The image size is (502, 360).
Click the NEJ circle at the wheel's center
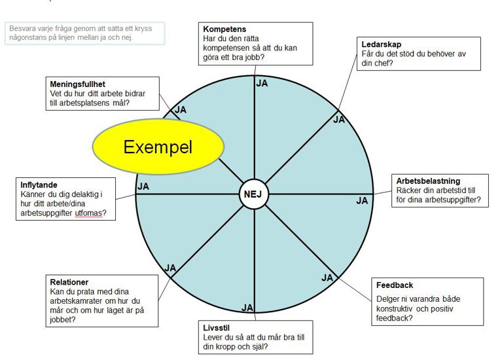point(254,194)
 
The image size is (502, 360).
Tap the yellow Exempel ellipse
point(158,147)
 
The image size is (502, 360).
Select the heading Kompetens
point(224,29)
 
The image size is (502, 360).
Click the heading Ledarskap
point(382,45)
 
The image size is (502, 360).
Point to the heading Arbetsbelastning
point(428,181)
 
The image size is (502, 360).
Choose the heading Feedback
point(395,285)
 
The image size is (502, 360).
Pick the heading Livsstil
point(216,328)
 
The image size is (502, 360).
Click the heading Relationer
point(69,282)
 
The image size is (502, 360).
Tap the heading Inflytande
point(39,185)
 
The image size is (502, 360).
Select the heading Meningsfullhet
point(77,84)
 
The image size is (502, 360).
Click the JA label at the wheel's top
point(262,83)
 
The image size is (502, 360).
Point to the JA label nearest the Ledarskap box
point(339,120)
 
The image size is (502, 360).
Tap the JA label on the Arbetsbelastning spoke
point(362,201)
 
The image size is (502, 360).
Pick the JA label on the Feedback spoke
point(327,278)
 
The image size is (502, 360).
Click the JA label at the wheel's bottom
point(247,308)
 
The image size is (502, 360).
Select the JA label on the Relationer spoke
point(170,268)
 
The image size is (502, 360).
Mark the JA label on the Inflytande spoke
point(143,187)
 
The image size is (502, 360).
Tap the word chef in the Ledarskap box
point(382,63)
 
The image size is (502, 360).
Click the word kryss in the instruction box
point(143,29)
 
